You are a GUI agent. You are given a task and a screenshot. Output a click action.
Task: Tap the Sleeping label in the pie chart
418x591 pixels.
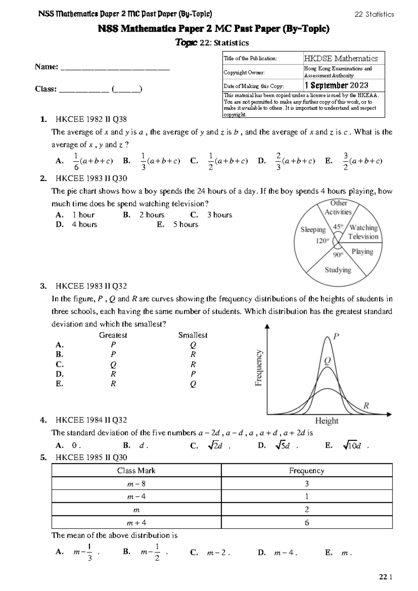pos(313,230)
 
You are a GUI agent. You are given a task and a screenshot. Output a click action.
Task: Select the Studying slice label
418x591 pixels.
pos(338,270)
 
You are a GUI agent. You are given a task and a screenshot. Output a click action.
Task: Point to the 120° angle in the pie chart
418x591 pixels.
pos(322,240)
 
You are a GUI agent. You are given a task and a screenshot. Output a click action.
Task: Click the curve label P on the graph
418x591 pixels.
pos(336,337)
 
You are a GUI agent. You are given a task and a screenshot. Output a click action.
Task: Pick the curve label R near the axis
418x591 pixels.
pos(366,406)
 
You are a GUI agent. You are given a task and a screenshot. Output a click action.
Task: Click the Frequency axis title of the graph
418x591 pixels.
pos(258,368)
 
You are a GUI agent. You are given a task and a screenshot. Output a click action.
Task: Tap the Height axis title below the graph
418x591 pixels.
pos(326,421)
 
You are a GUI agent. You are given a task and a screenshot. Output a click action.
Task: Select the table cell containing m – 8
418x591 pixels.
pos(136,484)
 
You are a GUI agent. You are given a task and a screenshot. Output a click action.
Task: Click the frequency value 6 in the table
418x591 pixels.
pos(307,523)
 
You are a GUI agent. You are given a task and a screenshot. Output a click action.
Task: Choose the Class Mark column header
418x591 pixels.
pos(136,471)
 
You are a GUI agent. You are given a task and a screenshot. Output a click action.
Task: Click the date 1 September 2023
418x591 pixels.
pos(336,85)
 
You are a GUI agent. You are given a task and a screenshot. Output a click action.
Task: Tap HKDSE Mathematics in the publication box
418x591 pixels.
pos(341,59)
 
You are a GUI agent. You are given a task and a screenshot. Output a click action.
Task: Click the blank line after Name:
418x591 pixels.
pos(115,67)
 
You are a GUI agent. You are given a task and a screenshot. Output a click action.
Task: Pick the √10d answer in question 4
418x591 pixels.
pos(352,445)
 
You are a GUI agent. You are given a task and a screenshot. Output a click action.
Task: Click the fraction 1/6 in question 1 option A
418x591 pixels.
pos(76,161)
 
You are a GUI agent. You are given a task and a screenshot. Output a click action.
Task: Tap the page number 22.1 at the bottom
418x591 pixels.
pos(386,577)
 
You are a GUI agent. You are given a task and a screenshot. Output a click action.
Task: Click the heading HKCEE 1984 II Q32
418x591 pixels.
pos(91,420)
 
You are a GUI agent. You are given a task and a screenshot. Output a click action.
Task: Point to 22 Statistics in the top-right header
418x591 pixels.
pos(374,14)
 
